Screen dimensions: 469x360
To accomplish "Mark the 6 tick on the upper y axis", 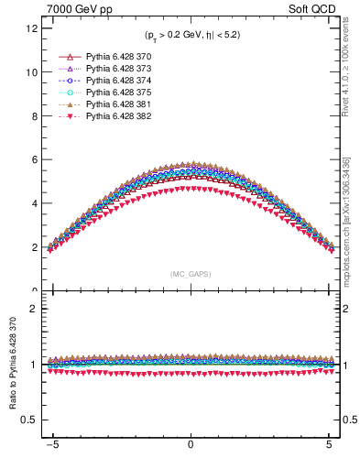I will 33,160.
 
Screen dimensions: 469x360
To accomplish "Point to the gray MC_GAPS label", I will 191,274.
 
